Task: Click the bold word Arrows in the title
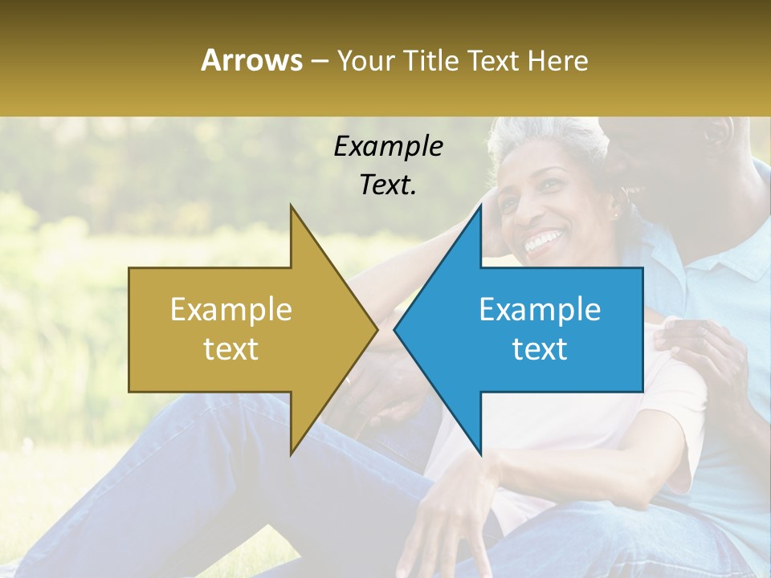coord(251,60)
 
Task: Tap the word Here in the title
coord(558,61)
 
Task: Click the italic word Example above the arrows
coord(388,146)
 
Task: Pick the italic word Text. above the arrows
coord(388,185)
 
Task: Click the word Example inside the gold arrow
coord(231,310)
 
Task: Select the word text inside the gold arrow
coord(231,349)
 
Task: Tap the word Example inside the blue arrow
coord(540,310)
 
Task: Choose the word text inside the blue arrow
coord(540,349)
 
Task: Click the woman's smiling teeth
coord(544,239)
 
